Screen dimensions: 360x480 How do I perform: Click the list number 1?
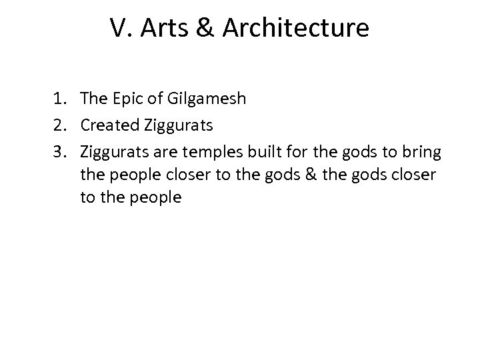(x=60, y=100)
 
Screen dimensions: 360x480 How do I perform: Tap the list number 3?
(x=60, y=153)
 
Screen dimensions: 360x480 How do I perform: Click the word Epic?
(x=126, y=100)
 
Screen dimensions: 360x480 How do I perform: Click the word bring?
(x=420, y=153)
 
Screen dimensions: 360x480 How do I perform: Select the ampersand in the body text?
(x=325, y=175)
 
